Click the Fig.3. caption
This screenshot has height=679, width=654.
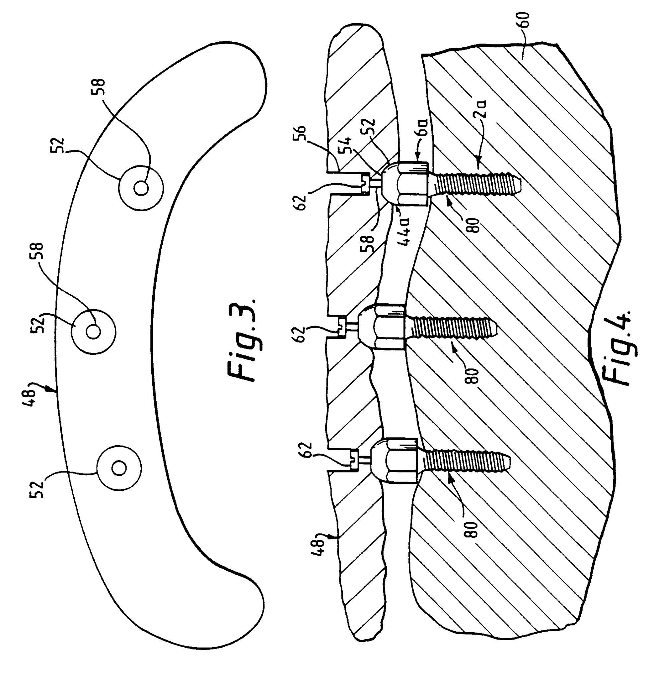[244, 339]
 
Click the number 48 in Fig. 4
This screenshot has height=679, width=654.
[320, 546]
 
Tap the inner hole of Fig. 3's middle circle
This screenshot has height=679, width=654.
[93, 332]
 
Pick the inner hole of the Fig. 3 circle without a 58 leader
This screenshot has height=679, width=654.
[119, 468]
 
